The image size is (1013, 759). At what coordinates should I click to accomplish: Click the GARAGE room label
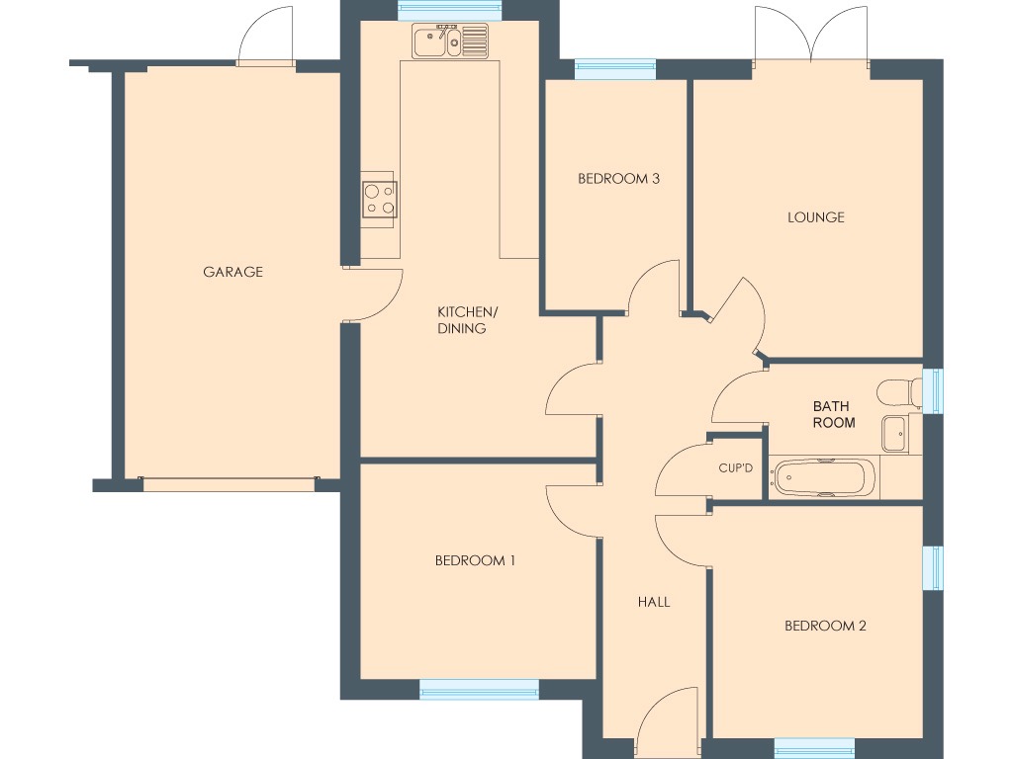(232, 272)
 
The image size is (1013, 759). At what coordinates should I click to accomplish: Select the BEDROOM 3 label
(618, 179)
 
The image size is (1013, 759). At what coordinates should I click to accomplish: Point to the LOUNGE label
(815, 216)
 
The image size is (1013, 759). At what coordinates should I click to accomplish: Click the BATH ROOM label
(833, 414)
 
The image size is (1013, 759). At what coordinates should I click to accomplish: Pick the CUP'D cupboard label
(735, 467)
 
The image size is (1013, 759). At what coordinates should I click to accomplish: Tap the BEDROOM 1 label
(475, 560)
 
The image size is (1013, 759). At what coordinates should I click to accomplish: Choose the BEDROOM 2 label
(825, 626)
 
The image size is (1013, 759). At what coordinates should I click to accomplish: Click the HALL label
(653, 601)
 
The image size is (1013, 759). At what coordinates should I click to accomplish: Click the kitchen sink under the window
(451, 42)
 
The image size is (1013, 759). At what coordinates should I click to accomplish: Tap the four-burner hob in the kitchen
(379, 199)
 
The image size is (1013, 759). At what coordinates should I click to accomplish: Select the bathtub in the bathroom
(823, 478)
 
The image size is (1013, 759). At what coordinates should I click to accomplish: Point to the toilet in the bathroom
(898, 391)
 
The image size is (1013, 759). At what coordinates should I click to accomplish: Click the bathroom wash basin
(894, 433)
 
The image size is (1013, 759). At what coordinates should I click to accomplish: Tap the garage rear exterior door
(266, 38)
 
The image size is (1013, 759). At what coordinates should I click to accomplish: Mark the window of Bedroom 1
(479, 689)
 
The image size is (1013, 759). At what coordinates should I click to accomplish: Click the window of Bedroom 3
(614, 69)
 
